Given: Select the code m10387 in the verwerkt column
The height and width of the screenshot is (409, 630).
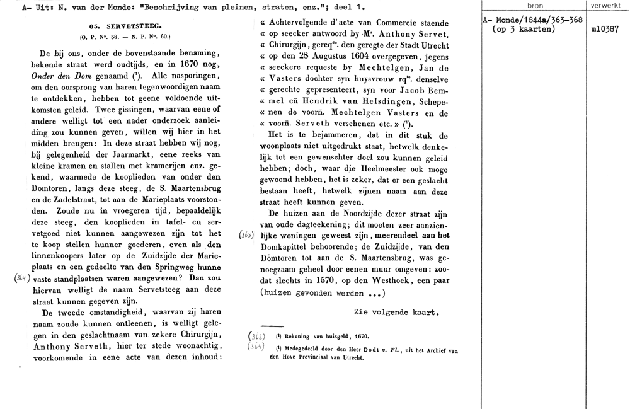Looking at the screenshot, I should [605, 30].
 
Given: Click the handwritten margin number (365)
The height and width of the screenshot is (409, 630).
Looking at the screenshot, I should [248, 234].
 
